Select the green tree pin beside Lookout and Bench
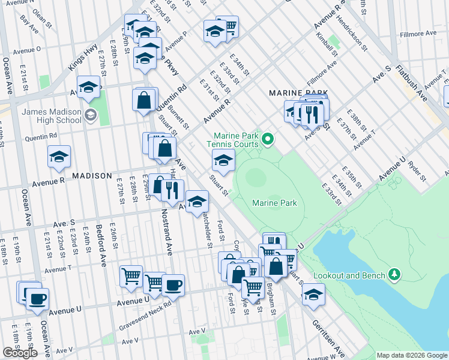pyautogui.click(x=394, y=275)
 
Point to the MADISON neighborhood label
pyautogui.click(x=92, y=175)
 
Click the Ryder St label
pyautogui.click(x=415, y=171)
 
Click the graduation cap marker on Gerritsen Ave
pyautogui.click(x=313, y=294)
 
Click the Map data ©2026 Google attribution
pyautogui.click(x=411, y=355)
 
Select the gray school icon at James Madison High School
pyautogui.click(x=91, y=115)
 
